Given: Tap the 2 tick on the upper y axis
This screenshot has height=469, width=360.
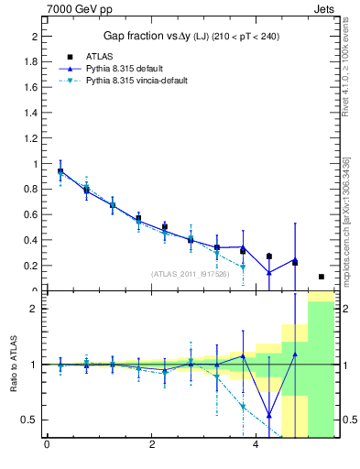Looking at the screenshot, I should (34, 37).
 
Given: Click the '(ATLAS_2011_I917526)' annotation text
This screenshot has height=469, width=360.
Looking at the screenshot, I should (190, 273).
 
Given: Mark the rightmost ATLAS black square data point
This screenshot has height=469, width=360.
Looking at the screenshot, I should (321, 277).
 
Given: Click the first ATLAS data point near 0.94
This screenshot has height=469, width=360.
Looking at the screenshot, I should (60, 171).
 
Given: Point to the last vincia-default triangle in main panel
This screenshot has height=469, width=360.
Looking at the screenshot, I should (243, 267).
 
